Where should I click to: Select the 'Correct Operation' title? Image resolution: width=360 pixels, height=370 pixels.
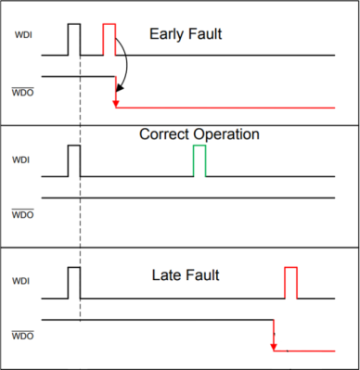click(199, 134)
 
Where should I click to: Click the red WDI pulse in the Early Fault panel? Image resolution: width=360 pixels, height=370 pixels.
click(109, 39)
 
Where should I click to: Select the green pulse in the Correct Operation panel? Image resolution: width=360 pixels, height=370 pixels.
click(199, 160)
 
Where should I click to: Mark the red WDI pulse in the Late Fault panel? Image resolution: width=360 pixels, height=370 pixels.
click(290, 283)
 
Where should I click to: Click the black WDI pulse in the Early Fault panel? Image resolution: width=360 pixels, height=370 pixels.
click(74, 39)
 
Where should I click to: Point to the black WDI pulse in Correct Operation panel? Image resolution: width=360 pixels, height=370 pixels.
click(74, 160)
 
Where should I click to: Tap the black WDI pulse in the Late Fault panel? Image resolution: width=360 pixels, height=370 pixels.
click(74, 283)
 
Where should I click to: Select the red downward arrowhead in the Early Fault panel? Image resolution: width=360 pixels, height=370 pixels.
click(116, 102)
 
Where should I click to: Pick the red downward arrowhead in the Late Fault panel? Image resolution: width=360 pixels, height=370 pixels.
click(273, 346)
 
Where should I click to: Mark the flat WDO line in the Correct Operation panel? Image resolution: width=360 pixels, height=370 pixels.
click(186, 198)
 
